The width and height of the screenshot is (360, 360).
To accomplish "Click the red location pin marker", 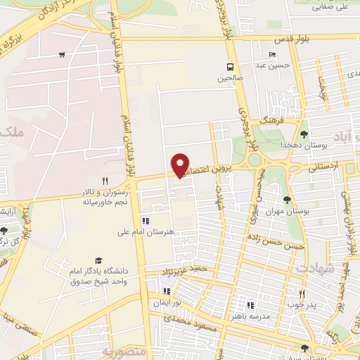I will tap(181, 165).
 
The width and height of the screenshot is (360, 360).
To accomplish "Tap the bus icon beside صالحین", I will tap(230, 66).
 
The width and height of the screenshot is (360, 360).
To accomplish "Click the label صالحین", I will tap(230, 77).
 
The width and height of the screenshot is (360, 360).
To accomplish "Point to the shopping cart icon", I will tap(63, 54).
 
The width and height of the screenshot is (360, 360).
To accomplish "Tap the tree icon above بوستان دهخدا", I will tap(304, 133).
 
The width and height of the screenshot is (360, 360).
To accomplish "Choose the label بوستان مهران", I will tap(290, 210).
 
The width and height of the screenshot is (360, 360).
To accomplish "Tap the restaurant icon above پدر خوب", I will tap(302, 293).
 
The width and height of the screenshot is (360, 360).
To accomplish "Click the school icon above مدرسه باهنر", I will tap(250, 305).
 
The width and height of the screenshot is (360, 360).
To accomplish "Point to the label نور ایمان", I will tap(168, 303).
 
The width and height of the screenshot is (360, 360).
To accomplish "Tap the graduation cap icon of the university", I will tap(98, 260).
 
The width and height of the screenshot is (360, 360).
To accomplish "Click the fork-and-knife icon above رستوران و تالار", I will tap(104, 181).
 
